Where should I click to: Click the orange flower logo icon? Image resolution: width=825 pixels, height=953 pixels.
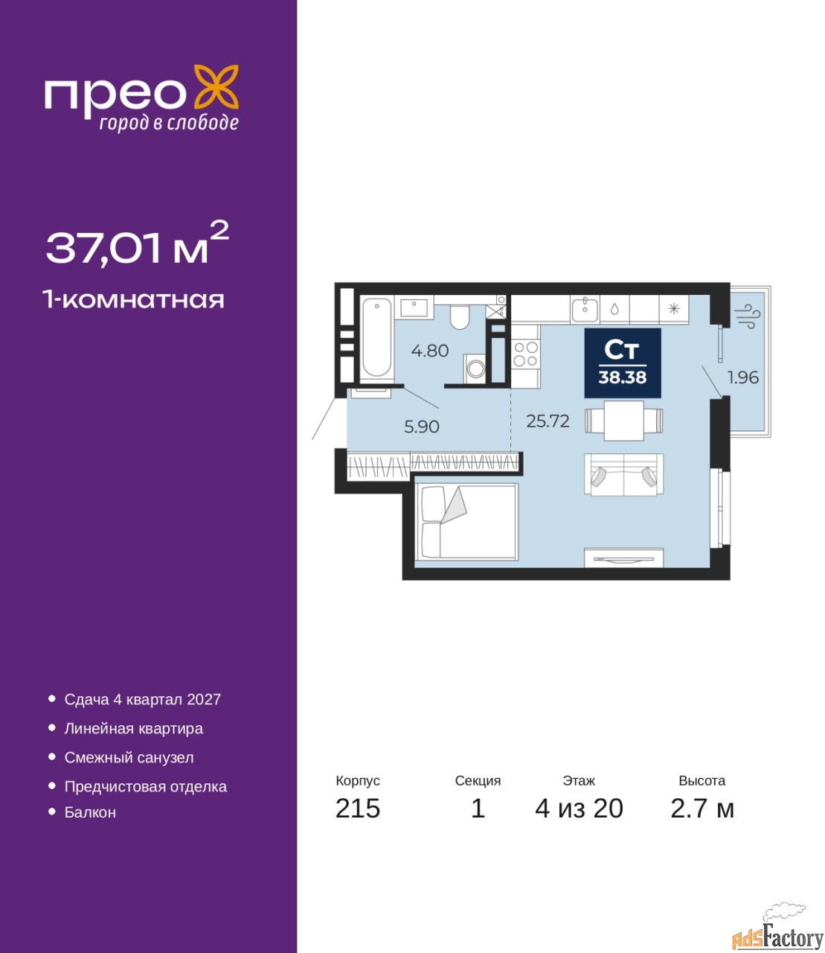coord(216,86)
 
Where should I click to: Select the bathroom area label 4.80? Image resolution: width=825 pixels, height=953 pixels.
coord(430,351)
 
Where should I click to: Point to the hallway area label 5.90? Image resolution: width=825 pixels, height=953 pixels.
coord(422,427)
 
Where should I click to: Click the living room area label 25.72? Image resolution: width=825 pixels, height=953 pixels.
coord(548,421)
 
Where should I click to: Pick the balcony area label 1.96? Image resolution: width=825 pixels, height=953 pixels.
coord(742,377)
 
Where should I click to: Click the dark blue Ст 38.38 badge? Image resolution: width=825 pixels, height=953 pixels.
coord(623,363)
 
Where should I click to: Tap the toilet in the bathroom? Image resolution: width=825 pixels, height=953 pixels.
coord(459,316)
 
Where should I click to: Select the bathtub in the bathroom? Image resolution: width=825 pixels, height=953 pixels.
coord(376,337)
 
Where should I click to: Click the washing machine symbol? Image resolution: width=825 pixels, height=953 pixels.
coord(475,369)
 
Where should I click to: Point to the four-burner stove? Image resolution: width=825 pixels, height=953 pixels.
coord(525,354)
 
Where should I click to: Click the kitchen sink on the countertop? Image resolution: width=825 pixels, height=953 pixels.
coord(585,310)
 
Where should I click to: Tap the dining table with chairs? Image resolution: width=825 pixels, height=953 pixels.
coord(623,421)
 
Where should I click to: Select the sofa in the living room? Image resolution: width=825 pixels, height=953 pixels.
coord(623,475)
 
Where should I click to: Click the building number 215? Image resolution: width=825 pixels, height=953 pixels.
coord(358,809)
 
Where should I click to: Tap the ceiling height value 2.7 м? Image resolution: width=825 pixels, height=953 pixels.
coord(702,809)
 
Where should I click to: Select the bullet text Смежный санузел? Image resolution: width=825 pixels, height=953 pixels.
coord(129,757)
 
